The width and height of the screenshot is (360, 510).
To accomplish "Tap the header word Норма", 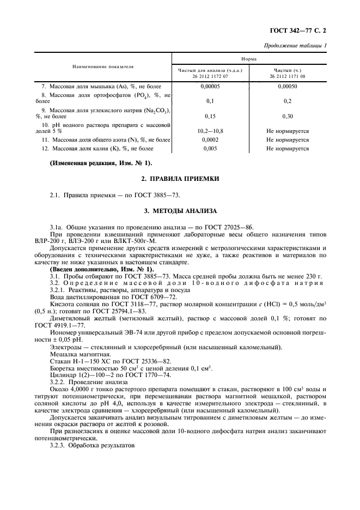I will point(249,58).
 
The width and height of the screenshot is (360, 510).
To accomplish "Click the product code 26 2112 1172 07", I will point(210,77).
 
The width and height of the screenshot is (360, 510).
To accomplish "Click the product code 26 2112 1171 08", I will point(287,77).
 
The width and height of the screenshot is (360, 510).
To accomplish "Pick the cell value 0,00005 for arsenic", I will point(210,86).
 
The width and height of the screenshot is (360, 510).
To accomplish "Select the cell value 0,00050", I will point(287,86).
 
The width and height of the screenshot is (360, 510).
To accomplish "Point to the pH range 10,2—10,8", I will point(210,131).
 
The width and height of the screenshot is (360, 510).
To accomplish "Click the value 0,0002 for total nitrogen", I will point(210,139).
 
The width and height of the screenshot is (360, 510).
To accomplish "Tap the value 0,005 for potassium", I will point(210,148).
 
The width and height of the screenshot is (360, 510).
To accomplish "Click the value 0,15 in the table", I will point(210,116).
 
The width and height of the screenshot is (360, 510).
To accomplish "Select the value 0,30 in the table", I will point(287,116).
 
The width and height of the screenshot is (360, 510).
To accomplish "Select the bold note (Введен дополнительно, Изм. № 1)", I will point(102,269).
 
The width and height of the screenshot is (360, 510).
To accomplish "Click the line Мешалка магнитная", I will point(78,353).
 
